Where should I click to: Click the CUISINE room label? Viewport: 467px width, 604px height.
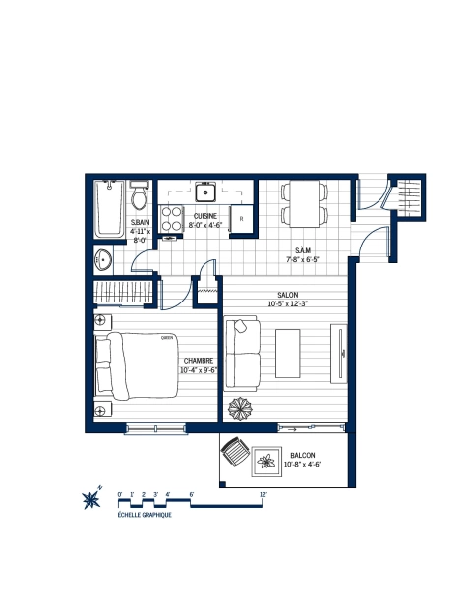205,216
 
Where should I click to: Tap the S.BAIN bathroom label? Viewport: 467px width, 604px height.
140,224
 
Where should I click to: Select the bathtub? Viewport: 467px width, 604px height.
106,208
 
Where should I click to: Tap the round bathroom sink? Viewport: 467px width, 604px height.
104,260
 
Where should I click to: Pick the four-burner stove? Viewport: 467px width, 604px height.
171,221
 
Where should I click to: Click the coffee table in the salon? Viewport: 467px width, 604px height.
288,356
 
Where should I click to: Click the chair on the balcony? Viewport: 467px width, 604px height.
236,454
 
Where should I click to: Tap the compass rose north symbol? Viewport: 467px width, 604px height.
92,498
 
